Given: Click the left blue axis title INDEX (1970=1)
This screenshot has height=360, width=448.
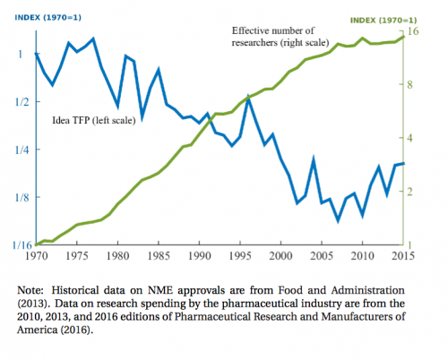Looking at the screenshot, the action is click(48, 18).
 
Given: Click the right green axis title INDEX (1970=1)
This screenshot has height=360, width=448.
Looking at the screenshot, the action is click(383, 21).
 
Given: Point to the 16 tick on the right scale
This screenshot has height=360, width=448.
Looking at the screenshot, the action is click(413, 31).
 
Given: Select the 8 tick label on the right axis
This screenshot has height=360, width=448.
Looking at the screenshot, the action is click(409, 84).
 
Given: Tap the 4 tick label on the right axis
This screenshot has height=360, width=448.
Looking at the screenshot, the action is click(409, 138).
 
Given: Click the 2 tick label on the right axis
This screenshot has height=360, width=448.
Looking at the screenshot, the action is click(409, 192).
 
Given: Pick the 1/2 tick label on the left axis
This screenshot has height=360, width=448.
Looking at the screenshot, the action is click(22, 102).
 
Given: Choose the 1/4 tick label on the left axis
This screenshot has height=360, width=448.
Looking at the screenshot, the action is click(22, 150).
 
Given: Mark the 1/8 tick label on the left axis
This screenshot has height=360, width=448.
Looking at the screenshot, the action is click(22, 197).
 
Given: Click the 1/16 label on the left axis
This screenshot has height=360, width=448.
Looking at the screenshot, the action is click(22, 245).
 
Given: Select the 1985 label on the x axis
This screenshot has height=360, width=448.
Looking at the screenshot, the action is click(159, 256).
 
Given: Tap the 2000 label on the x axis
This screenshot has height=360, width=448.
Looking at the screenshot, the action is click(280, 256).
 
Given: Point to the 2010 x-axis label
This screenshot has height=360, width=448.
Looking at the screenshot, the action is click(362, 256).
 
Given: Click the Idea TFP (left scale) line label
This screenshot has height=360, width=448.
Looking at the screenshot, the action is click(94, 120).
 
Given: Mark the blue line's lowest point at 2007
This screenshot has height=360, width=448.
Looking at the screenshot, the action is click(338, 221).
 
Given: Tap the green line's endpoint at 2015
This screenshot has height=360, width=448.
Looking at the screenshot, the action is click(403, 37).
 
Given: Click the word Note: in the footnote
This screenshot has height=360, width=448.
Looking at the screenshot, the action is click(30, 290).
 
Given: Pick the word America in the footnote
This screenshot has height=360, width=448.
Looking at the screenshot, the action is click(37, 330).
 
